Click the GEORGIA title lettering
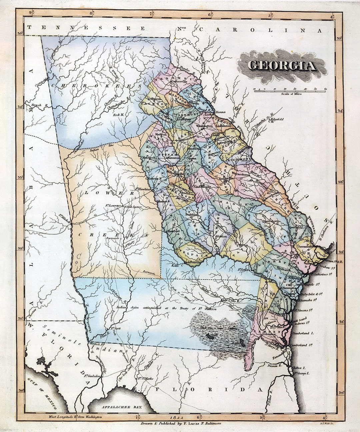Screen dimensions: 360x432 (282, 66)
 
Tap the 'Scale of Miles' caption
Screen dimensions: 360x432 (290, 94)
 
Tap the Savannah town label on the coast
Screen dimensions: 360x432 (306, 246)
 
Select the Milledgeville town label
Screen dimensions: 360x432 (176, 174)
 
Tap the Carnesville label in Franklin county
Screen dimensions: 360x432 (179, 81)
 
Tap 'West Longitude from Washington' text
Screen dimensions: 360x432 (75, 417)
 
